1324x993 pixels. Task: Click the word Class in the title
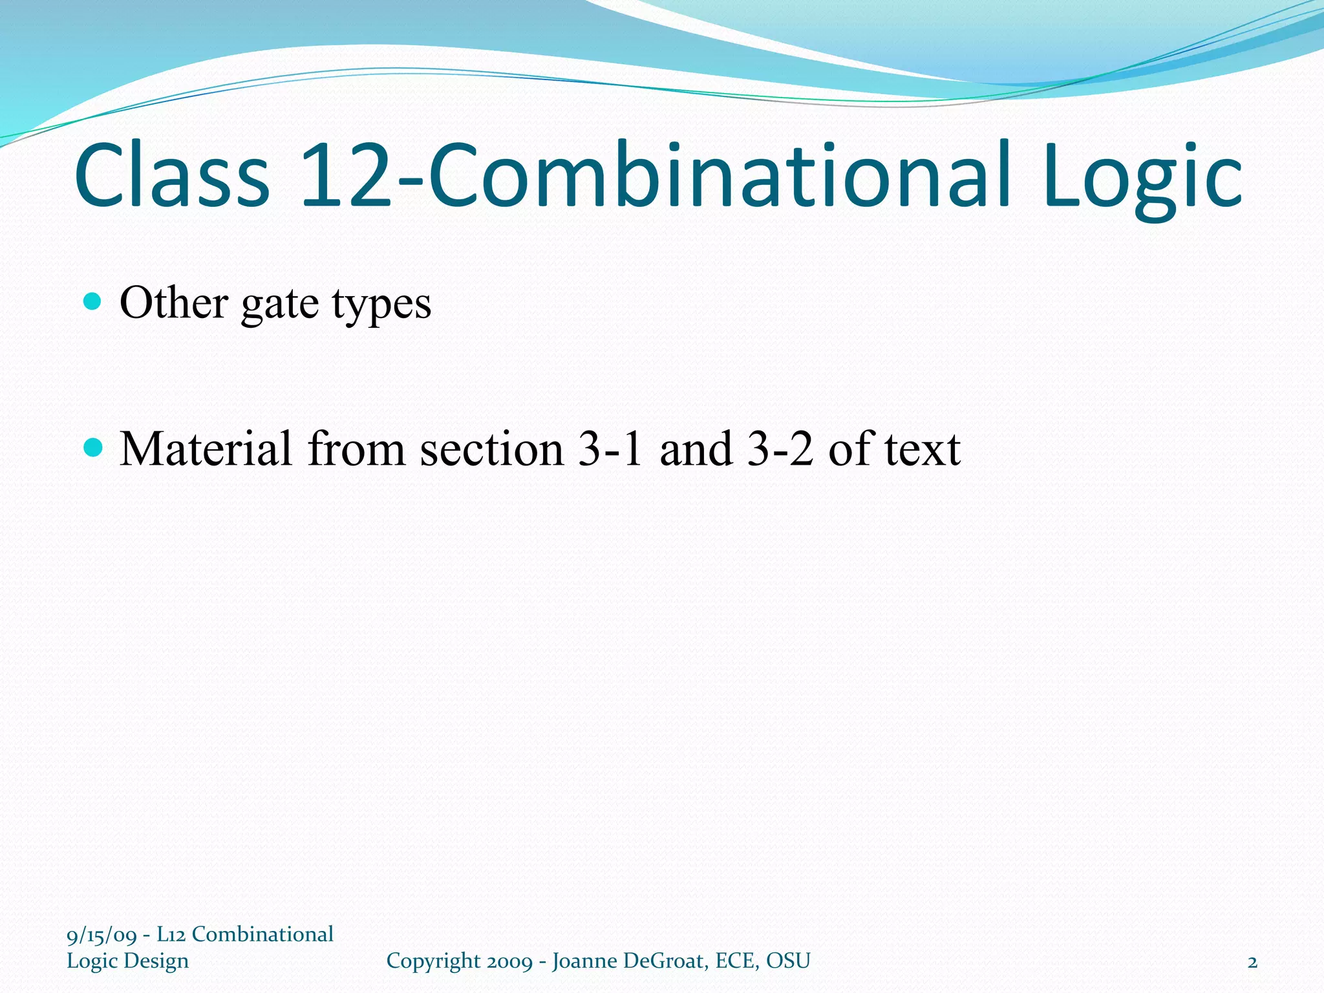pos(171,176)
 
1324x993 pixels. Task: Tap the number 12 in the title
pos(345,176)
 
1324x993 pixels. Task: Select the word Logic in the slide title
pos(1142,178)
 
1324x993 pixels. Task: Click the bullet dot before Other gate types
pos(93,301)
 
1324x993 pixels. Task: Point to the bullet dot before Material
pos(93,447)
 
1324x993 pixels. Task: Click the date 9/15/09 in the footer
pos(101,935)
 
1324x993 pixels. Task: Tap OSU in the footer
pos(788,961)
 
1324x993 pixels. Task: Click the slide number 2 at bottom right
pos(1252,962)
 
